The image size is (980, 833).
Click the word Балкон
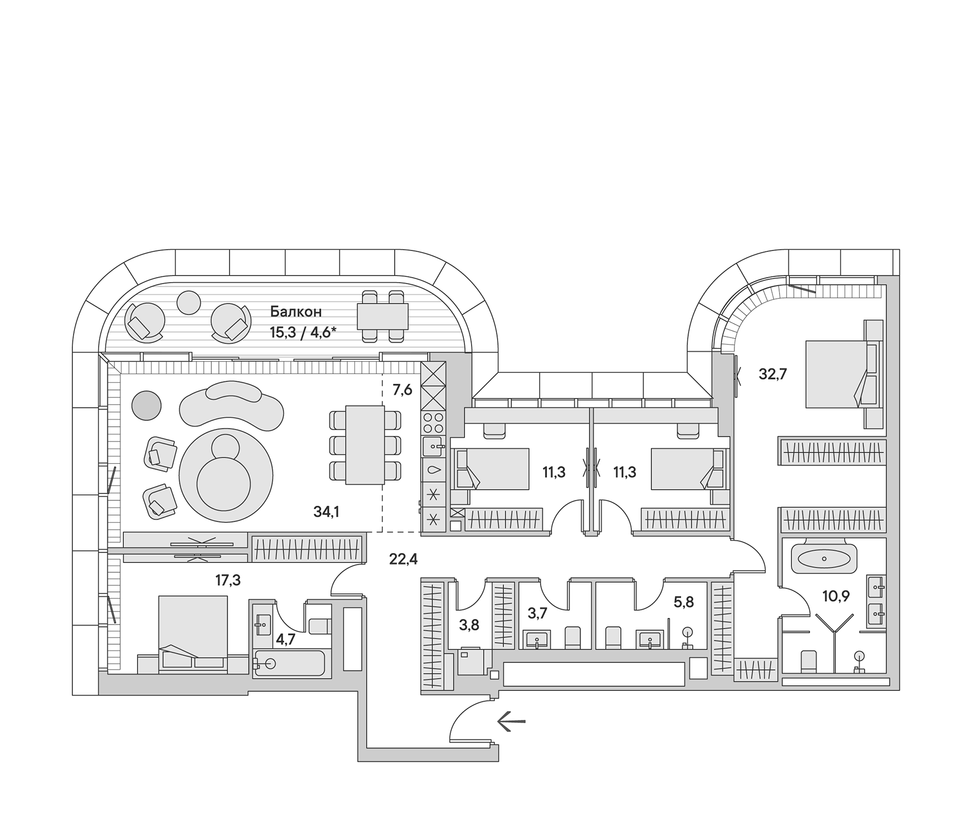pyautogui.click(x=296, y=312)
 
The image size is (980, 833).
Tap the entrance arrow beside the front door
pyautogui.click(x=511, y=721)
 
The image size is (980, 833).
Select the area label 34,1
pyautogui.click(x=326, y=511)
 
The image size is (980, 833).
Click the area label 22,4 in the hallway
pyautogui.click(x=403, y=559)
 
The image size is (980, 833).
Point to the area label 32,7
pyautogui.click(x=773, y=374)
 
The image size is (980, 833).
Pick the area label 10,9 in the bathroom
pyautogui.click(x=836, y=596)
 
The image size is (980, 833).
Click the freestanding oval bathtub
pyautogui.click(x=824, y=559)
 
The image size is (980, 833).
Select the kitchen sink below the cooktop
pyautogui.click(x=433, y=446)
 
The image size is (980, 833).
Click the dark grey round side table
pyautogui.click(x=146, y=406)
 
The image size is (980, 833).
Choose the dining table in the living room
pyautogui.click(x=365, y=445)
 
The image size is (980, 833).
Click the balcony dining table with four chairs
pyautogui.click(x=383, y=316)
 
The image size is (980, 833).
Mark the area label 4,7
pyautogui.click(x=285, y=639)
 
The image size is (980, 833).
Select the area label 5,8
pyautogui.click(x=684, y=602)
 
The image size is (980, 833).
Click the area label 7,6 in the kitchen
pyautogui.click(x=402, y=390)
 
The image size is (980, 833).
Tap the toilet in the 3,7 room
pyautogui.click(x=573, y=637)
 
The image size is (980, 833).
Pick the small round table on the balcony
pyautogui.click(x=189, y=302)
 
